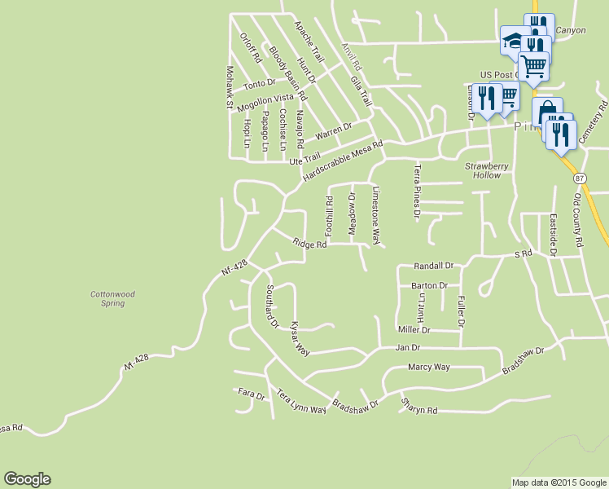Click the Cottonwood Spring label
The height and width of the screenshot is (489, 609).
click(107, 298)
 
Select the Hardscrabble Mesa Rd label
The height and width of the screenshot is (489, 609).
click(342, 162)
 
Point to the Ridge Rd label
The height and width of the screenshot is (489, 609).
click(309, 243)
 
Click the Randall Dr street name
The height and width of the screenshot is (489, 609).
click(432, 266)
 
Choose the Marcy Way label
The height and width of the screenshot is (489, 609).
click(429, 367)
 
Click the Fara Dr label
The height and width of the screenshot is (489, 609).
click(252, 395)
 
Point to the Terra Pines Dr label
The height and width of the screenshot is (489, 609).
click(417, 192)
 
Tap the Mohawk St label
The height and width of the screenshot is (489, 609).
click(230, 88)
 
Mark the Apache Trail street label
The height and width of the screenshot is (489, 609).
click(309, 42)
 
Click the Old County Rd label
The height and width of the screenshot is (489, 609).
click(578, 219)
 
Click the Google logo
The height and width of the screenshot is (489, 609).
click(27, 479)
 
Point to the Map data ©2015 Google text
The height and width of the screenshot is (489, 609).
click(559, 482)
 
